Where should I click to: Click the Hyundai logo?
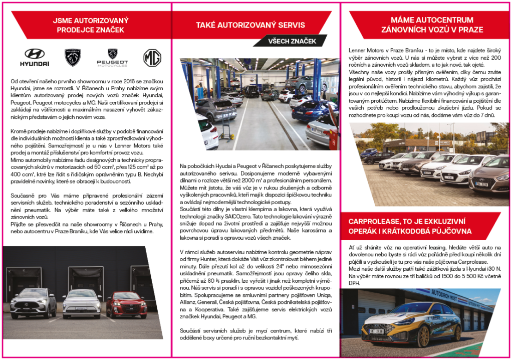35,57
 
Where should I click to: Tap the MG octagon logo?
152,58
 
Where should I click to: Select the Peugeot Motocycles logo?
112,58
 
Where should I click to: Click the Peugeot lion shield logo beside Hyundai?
73,57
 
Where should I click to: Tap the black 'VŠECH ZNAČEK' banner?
292,41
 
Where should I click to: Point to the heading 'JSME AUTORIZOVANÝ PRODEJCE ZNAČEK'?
91,25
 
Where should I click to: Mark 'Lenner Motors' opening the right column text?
366,50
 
